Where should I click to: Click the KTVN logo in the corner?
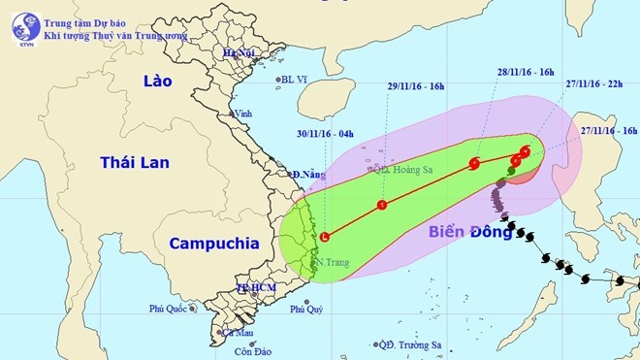(x=26, y=27)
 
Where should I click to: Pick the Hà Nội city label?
(x=238, y=52)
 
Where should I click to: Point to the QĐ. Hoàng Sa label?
(x=403, y=168)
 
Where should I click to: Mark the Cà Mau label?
(x=238, y=333)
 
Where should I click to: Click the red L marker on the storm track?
(x=324, y=237)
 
